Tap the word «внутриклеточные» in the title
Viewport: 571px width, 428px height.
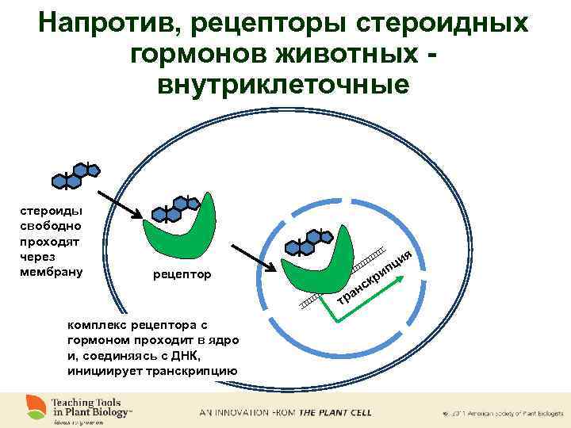pyautogui.click(x=283, y=83)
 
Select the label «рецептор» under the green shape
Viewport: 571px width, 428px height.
pyautogui.click(x=182, y=275)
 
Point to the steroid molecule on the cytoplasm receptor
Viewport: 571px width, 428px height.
pyautogui.click(x=176, y=208)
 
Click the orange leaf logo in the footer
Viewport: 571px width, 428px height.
pyautogui.click(x=35, y=405)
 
